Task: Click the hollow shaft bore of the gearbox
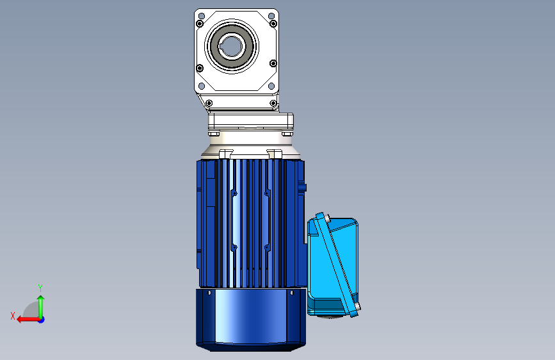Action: pos(232,46)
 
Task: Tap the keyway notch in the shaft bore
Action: pos(221,46)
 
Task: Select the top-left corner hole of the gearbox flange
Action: pos(202,16)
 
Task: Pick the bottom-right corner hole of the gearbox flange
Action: pos(271,86)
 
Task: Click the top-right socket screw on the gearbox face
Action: pos(273,24)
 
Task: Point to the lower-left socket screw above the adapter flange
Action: pos(209,103)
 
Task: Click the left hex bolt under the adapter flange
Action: pos(214,134)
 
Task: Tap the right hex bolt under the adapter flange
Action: pos(287,134)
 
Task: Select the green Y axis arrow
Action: pos(41,307)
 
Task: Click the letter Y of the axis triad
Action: pos(40,288)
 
